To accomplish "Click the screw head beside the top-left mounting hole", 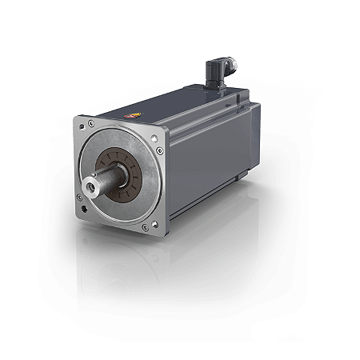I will click(91, 124).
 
